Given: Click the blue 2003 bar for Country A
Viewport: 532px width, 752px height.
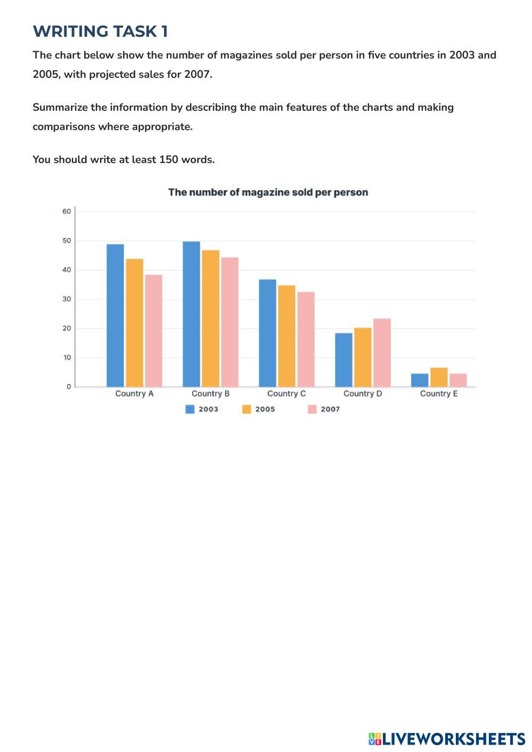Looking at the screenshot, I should click(x=115, y=315).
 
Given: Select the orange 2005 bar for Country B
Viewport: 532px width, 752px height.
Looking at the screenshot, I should click(x=210, y=318).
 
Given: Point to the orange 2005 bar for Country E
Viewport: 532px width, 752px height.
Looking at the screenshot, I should click(x=439, y=377).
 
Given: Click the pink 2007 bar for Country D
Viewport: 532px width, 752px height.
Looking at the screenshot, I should click(x=382, y=353).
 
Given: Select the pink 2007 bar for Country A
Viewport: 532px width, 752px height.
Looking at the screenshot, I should click(x=153, y=331).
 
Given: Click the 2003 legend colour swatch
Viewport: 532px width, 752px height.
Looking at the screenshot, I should click(x=190, y=409).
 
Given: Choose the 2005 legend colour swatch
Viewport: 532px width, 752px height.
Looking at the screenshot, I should click(x=247, y=409).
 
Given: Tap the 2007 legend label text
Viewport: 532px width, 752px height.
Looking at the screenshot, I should click(x=330, y=409).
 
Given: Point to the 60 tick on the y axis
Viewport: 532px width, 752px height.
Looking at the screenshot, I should click(x=67, y=211).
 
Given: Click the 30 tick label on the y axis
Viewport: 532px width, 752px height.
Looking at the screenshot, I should click(x=67, y=299).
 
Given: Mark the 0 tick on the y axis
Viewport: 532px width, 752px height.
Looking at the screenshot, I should click(x=69, y=387).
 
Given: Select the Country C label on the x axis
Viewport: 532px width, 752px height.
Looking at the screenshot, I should click(x=287, y=394).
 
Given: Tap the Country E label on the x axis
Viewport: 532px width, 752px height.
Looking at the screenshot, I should click(x=439, y=394).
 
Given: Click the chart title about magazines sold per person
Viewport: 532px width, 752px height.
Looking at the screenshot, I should click(x=268, y=192).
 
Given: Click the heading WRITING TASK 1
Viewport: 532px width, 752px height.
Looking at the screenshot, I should click(x=100, y=31).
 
